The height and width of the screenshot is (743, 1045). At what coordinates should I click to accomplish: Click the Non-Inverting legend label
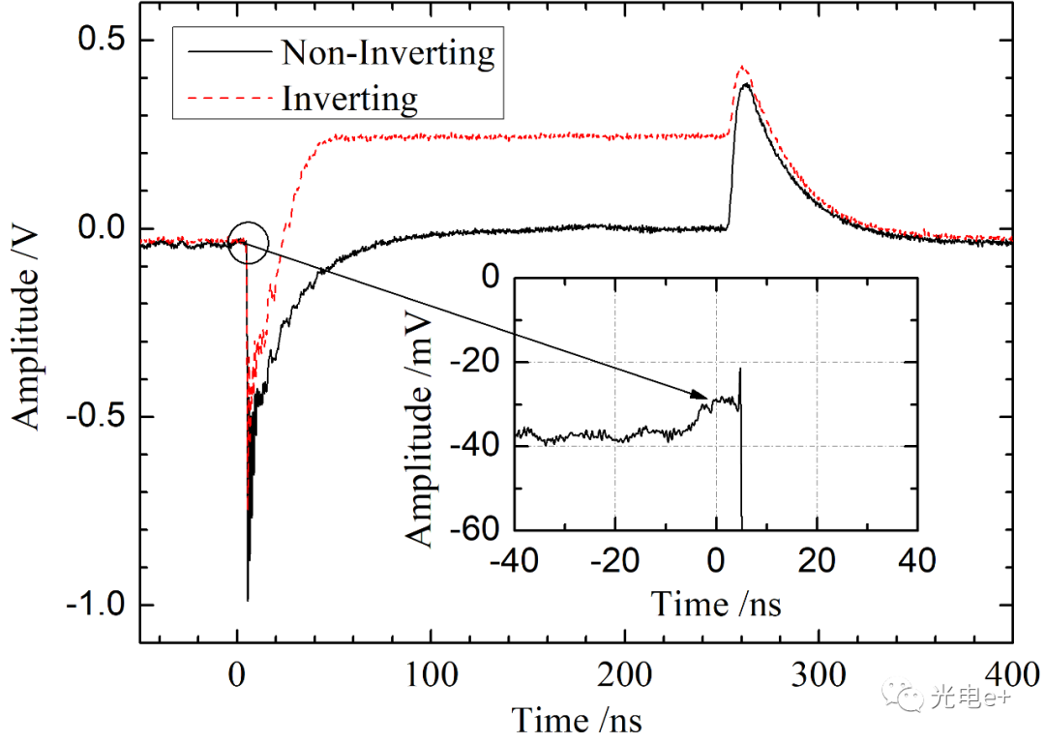click(x=387, y=52)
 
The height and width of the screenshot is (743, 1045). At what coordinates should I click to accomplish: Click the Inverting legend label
click(x=349, y=98)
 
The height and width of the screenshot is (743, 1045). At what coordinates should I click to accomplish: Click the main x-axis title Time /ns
click(x=576, y=719)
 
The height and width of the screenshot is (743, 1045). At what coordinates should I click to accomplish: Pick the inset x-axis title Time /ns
click(x=715, y=604)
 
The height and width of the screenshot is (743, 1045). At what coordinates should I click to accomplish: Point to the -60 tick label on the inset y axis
click(x=476, y=530)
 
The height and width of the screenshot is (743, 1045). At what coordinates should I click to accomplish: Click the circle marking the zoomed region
click(x=247, y=242)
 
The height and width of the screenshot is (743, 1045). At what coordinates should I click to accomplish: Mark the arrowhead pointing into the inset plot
click(x=704, y=395)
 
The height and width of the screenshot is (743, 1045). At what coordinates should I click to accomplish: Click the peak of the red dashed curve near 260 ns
click(x=742, y=67)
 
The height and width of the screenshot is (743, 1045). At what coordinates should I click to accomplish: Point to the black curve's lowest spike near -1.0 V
click(x=248, y=600)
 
